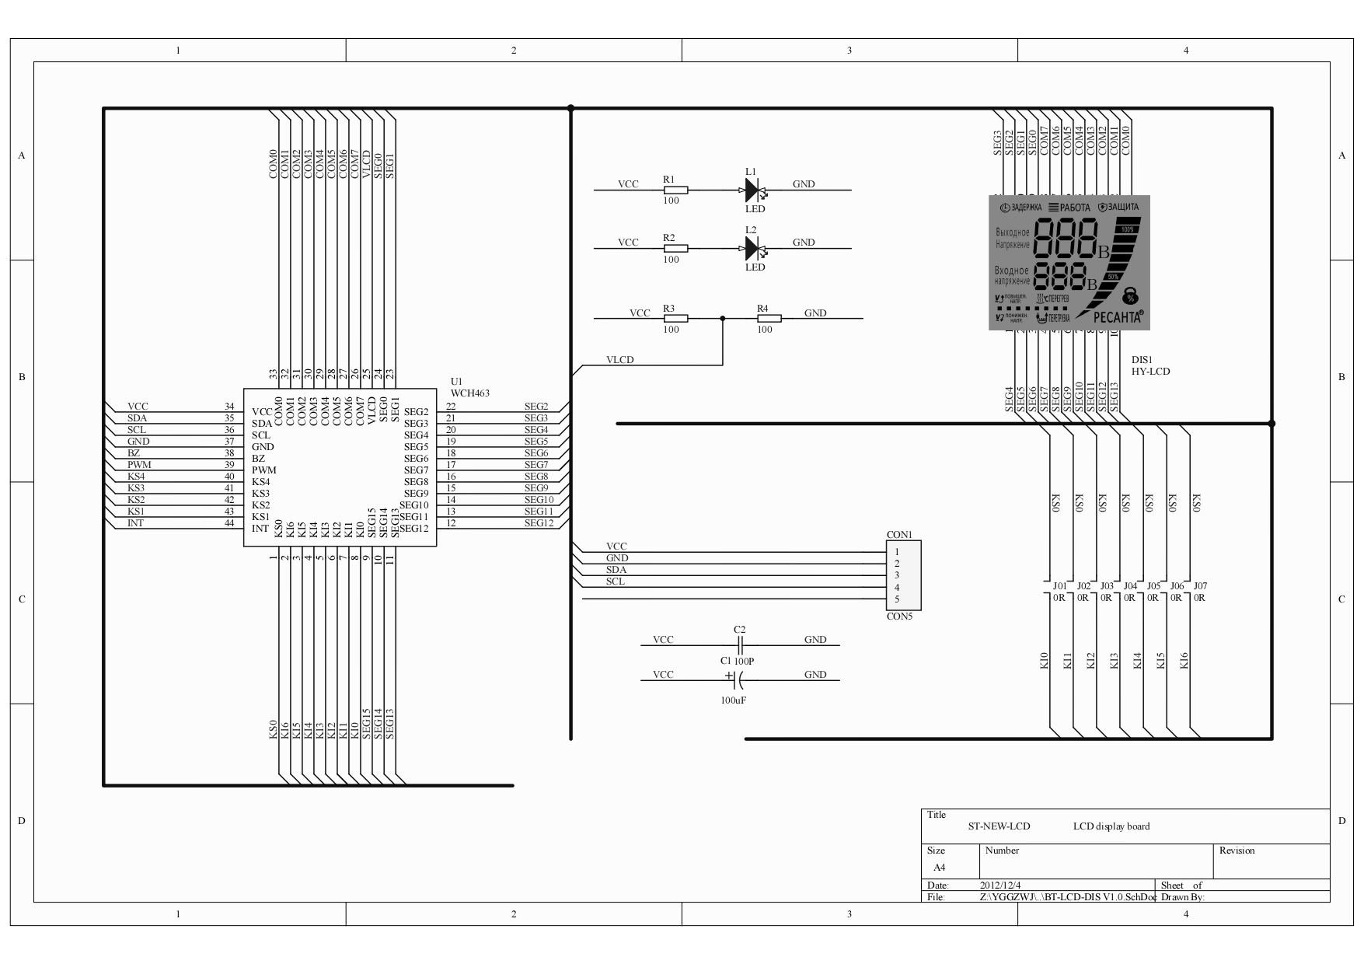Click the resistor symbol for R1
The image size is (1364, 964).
(x=675, y=189)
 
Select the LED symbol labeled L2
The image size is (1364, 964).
(x=752, y=248)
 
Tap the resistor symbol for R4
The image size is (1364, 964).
(x=769, y=318)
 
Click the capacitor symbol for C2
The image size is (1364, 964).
(x=740, y=644)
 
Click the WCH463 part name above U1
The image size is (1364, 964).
(x=470, y=393)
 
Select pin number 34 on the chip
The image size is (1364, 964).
(x=229, y=407)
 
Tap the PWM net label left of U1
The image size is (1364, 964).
(x=139, y=465)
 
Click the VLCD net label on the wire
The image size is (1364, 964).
(x=619, y=360)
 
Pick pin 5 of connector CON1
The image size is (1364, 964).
(x=897, y=599)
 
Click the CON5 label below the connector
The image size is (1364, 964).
(x=899, y=616)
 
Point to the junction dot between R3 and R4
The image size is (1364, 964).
(x=723, y=318)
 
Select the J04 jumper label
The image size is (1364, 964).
(x=1130, y=586)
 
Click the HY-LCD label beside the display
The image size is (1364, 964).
(x=1150, y=372)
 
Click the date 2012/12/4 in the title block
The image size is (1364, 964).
(x=1000, y=885)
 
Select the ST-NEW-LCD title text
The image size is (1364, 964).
(x=999, y=826)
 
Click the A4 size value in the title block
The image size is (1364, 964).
(x=939, y=868)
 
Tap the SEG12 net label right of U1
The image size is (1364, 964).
(x=539, y=523)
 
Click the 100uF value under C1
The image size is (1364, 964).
(x=733, y=700)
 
